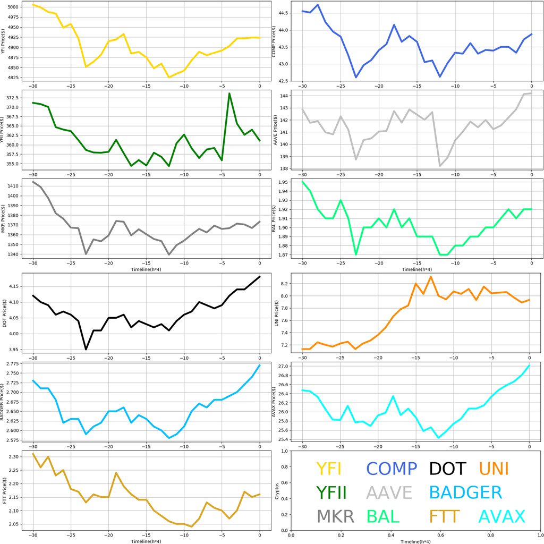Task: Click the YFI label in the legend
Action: (329, 469)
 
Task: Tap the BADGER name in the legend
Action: (465, 492)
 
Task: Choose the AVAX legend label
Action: (501, 516)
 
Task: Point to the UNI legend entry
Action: (494, 469)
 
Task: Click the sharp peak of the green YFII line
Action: (229, 93)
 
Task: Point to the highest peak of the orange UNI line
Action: (431, 277)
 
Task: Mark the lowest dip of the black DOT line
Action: (86, 349)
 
